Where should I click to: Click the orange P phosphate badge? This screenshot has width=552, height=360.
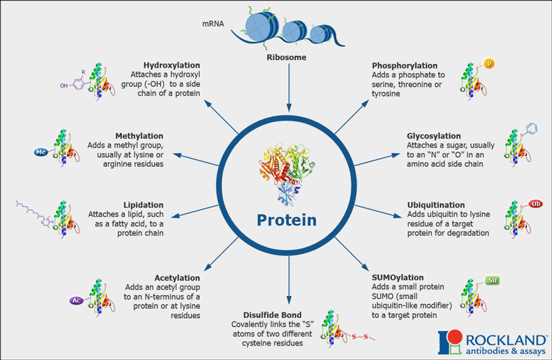click(x=489, y=63)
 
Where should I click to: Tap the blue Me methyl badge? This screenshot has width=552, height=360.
click(x=41, y=152)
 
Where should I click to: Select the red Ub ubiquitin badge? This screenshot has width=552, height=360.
click(x=535, y=204)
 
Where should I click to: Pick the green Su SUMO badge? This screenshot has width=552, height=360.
click(x=492, y=280)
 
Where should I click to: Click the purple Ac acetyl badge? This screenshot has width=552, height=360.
click(x=77, y=301)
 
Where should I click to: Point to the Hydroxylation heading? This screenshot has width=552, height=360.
click(x=171, y=65)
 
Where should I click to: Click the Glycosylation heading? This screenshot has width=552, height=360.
click(x=434, y=136)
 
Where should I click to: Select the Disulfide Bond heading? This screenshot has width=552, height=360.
click(x=272, y=315)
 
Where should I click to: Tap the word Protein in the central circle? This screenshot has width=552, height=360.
click(x=286, y=220)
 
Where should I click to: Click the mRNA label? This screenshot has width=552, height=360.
click(x=213, y=23)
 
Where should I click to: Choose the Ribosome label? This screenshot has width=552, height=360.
click(x=286, y=57)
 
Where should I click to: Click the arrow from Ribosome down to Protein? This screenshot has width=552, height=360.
click(x=289, y=88)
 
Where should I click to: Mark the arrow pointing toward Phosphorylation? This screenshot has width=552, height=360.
click(x=352, y=117)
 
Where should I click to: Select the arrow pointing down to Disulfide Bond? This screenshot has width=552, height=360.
click(x=289, y=280)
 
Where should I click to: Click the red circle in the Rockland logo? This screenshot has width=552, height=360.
click(x=455, y=337)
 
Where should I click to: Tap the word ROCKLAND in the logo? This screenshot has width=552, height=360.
click(x=506, y=341)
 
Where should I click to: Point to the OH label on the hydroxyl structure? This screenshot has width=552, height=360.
click(x=63, y=86)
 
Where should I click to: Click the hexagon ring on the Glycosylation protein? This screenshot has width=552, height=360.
click(x=531, y=128)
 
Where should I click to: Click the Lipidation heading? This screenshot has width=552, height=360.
click(x=144, y=205)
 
